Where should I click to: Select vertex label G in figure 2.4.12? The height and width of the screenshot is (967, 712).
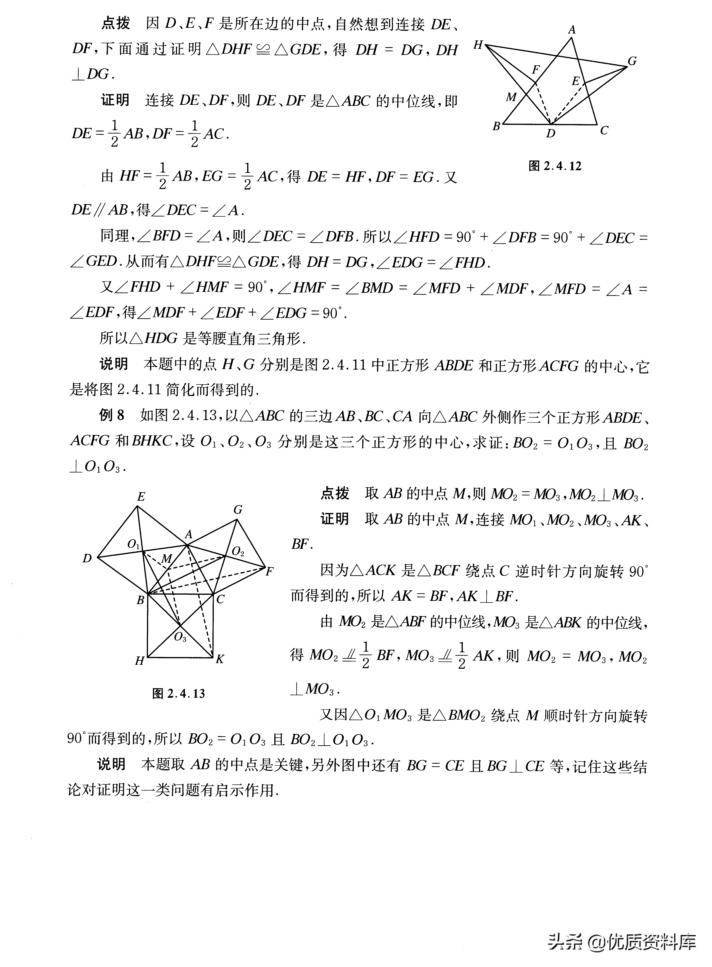coord(632,61)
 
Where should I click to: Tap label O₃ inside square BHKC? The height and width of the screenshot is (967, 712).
coord(180,637)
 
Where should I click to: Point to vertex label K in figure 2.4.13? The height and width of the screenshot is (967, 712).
coord(220,659)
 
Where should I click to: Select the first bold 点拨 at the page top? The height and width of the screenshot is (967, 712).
coord(115,23)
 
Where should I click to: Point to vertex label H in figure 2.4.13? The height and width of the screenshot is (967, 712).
coord(139,661)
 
